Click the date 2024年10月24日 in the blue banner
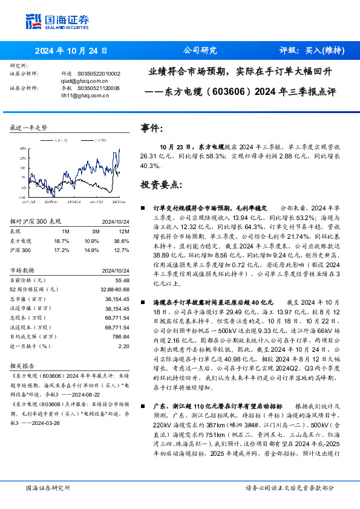(x=71, y=51)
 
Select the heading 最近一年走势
(x=28, y=128)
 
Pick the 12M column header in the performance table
(x=125, y=231)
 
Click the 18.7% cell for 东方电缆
(x=61, y=240)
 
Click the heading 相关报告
(x=24, y=366)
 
